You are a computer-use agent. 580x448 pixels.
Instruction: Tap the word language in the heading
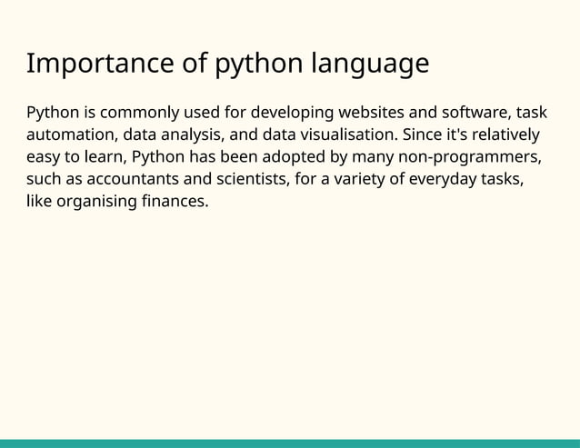coord(370,65)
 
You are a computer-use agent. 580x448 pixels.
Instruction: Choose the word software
coord(477,113)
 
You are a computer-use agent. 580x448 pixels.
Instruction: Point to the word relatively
coord(505,134)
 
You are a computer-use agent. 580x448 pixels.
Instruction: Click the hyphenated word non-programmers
coord(463,156)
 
